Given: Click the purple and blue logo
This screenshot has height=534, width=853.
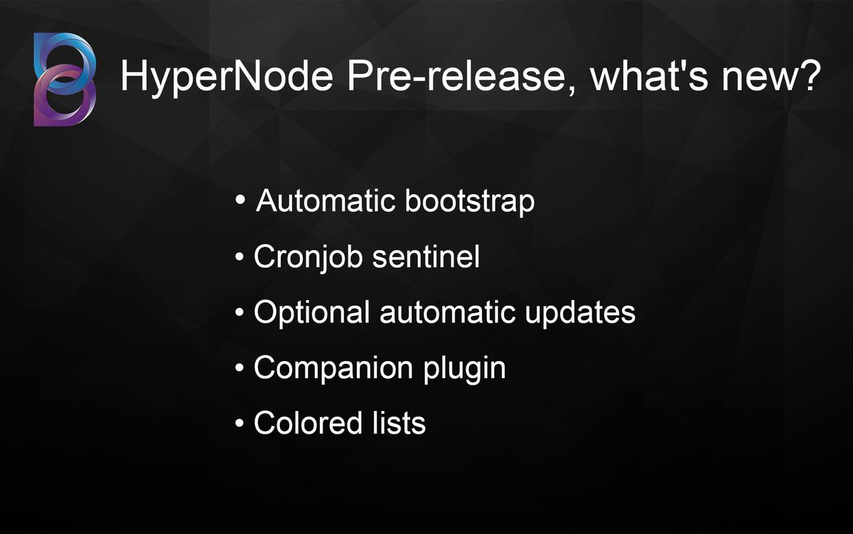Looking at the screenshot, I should [x=64, y=79].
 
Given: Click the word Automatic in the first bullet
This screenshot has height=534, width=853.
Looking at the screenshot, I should [x=326, y=202].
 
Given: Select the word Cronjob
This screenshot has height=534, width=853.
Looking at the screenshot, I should [x=308, y=257].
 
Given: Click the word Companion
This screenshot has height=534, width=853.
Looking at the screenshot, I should [x=333, y=368].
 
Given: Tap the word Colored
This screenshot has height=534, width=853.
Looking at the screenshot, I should [x=299, y=424].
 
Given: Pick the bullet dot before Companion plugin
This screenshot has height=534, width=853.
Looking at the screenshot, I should [x=240, y=369].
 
